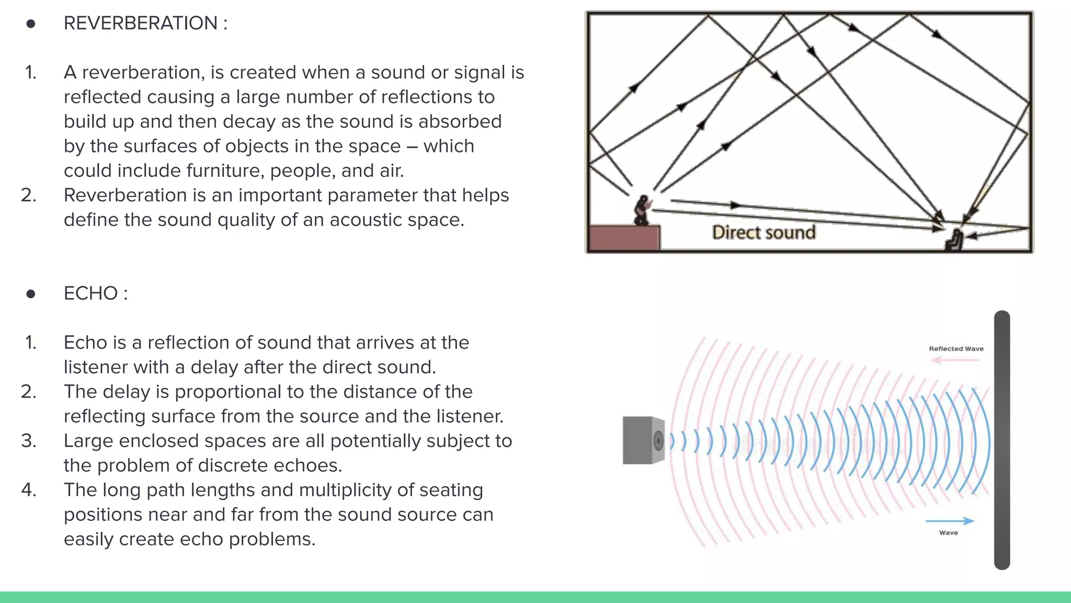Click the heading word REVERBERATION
pos(140,24)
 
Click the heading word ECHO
pos(90,294)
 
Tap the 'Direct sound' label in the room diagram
pos(764,232)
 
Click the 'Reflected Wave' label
pos(956,349)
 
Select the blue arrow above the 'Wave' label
pos(950,521)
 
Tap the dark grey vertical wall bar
pos(1002,440)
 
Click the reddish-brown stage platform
pos(624,238)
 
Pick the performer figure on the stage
pos(642,210)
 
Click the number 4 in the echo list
pos(28,490)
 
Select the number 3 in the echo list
pos(28,441)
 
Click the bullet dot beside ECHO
pos(31,294)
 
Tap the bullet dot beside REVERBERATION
pos(31,24)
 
